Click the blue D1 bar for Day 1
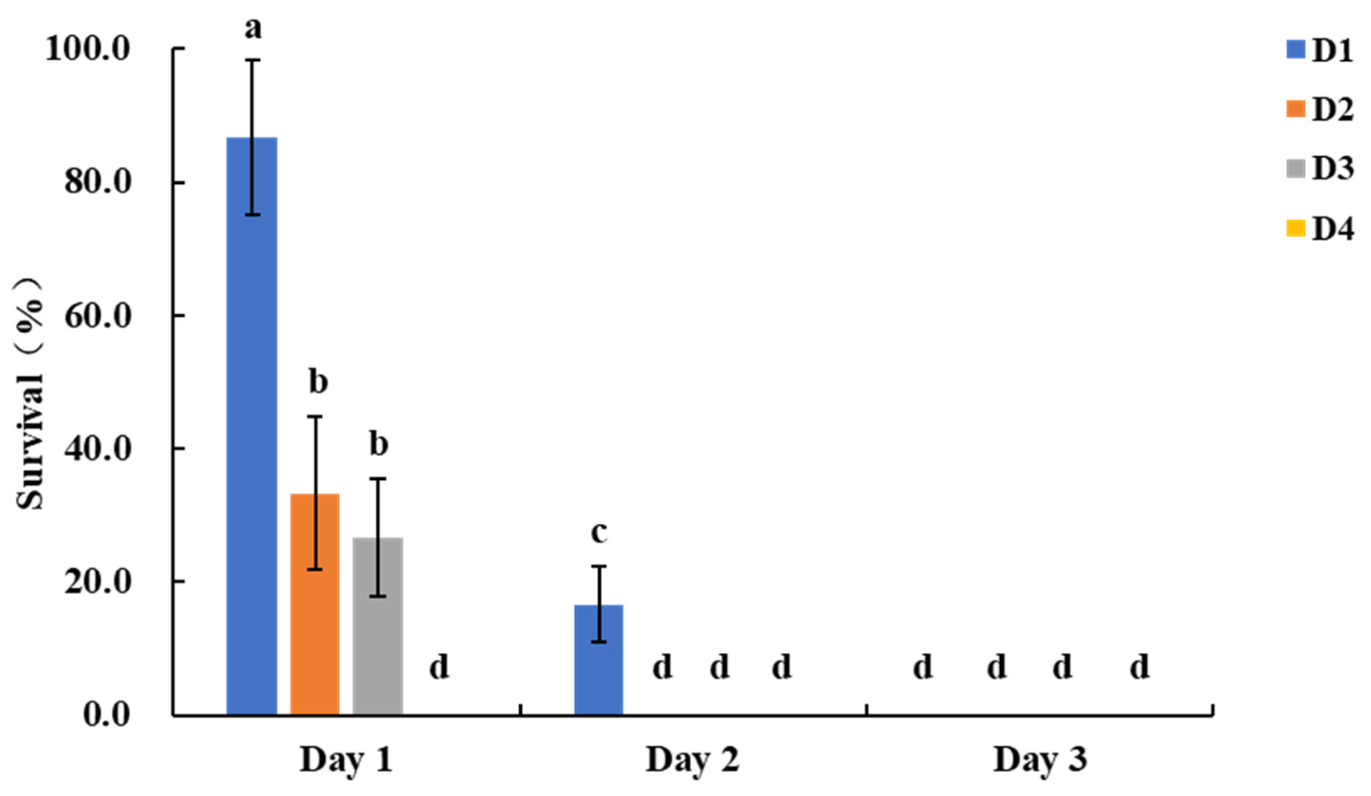[x=251, y=424]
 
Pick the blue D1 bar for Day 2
[x=598, y=658]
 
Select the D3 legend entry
[x=1319, y=169]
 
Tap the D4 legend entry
[x=1319, y=229]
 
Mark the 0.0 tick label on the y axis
[x=107, y=714]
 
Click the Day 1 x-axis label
[x=346, y=760]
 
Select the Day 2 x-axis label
[x=692, y=760]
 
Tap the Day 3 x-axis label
[x=1040, y=760]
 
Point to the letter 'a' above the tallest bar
[x=252, y=28]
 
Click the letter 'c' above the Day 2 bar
[x=598, y=533]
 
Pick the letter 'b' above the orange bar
[x=318, y=382]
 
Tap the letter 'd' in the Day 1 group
[x=439, y=667]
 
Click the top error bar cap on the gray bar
[x=378, y=479]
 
